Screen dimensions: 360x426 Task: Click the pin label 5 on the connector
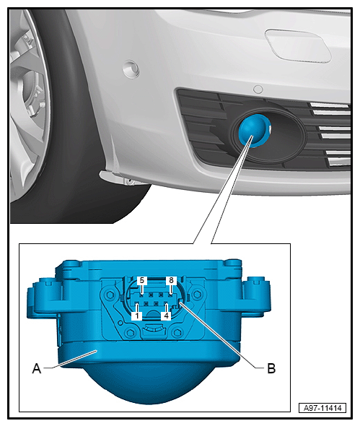[142, 280]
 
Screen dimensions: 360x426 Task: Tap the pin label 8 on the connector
[171, 280]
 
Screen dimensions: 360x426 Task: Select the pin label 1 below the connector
[137, 316]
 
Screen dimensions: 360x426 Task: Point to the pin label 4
[166, 316]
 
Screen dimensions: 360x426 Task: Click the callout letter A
[37, 369]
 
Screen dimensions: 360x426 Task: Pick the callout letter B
[271, 369]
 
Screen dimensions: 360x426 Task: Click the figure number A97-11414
[322, 408]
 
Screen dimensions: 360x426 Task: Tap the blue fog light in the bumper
[254, 131]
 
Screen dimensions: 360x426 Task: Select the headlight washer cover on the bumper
[298, 45]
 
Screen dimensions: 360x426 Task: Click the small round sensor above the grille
[258, 90]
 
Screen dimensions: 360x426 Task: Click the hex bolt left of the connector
[109, 295]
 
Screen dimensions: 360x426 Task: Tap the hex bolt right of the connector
[196, 294]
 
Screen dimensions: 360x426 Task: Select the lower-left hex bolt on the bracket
[130, 332]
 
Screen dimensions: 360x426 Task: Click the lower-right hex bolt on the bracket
[177, 332]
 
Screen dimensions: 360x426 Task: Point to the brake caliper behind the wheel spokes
[33, 95]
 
